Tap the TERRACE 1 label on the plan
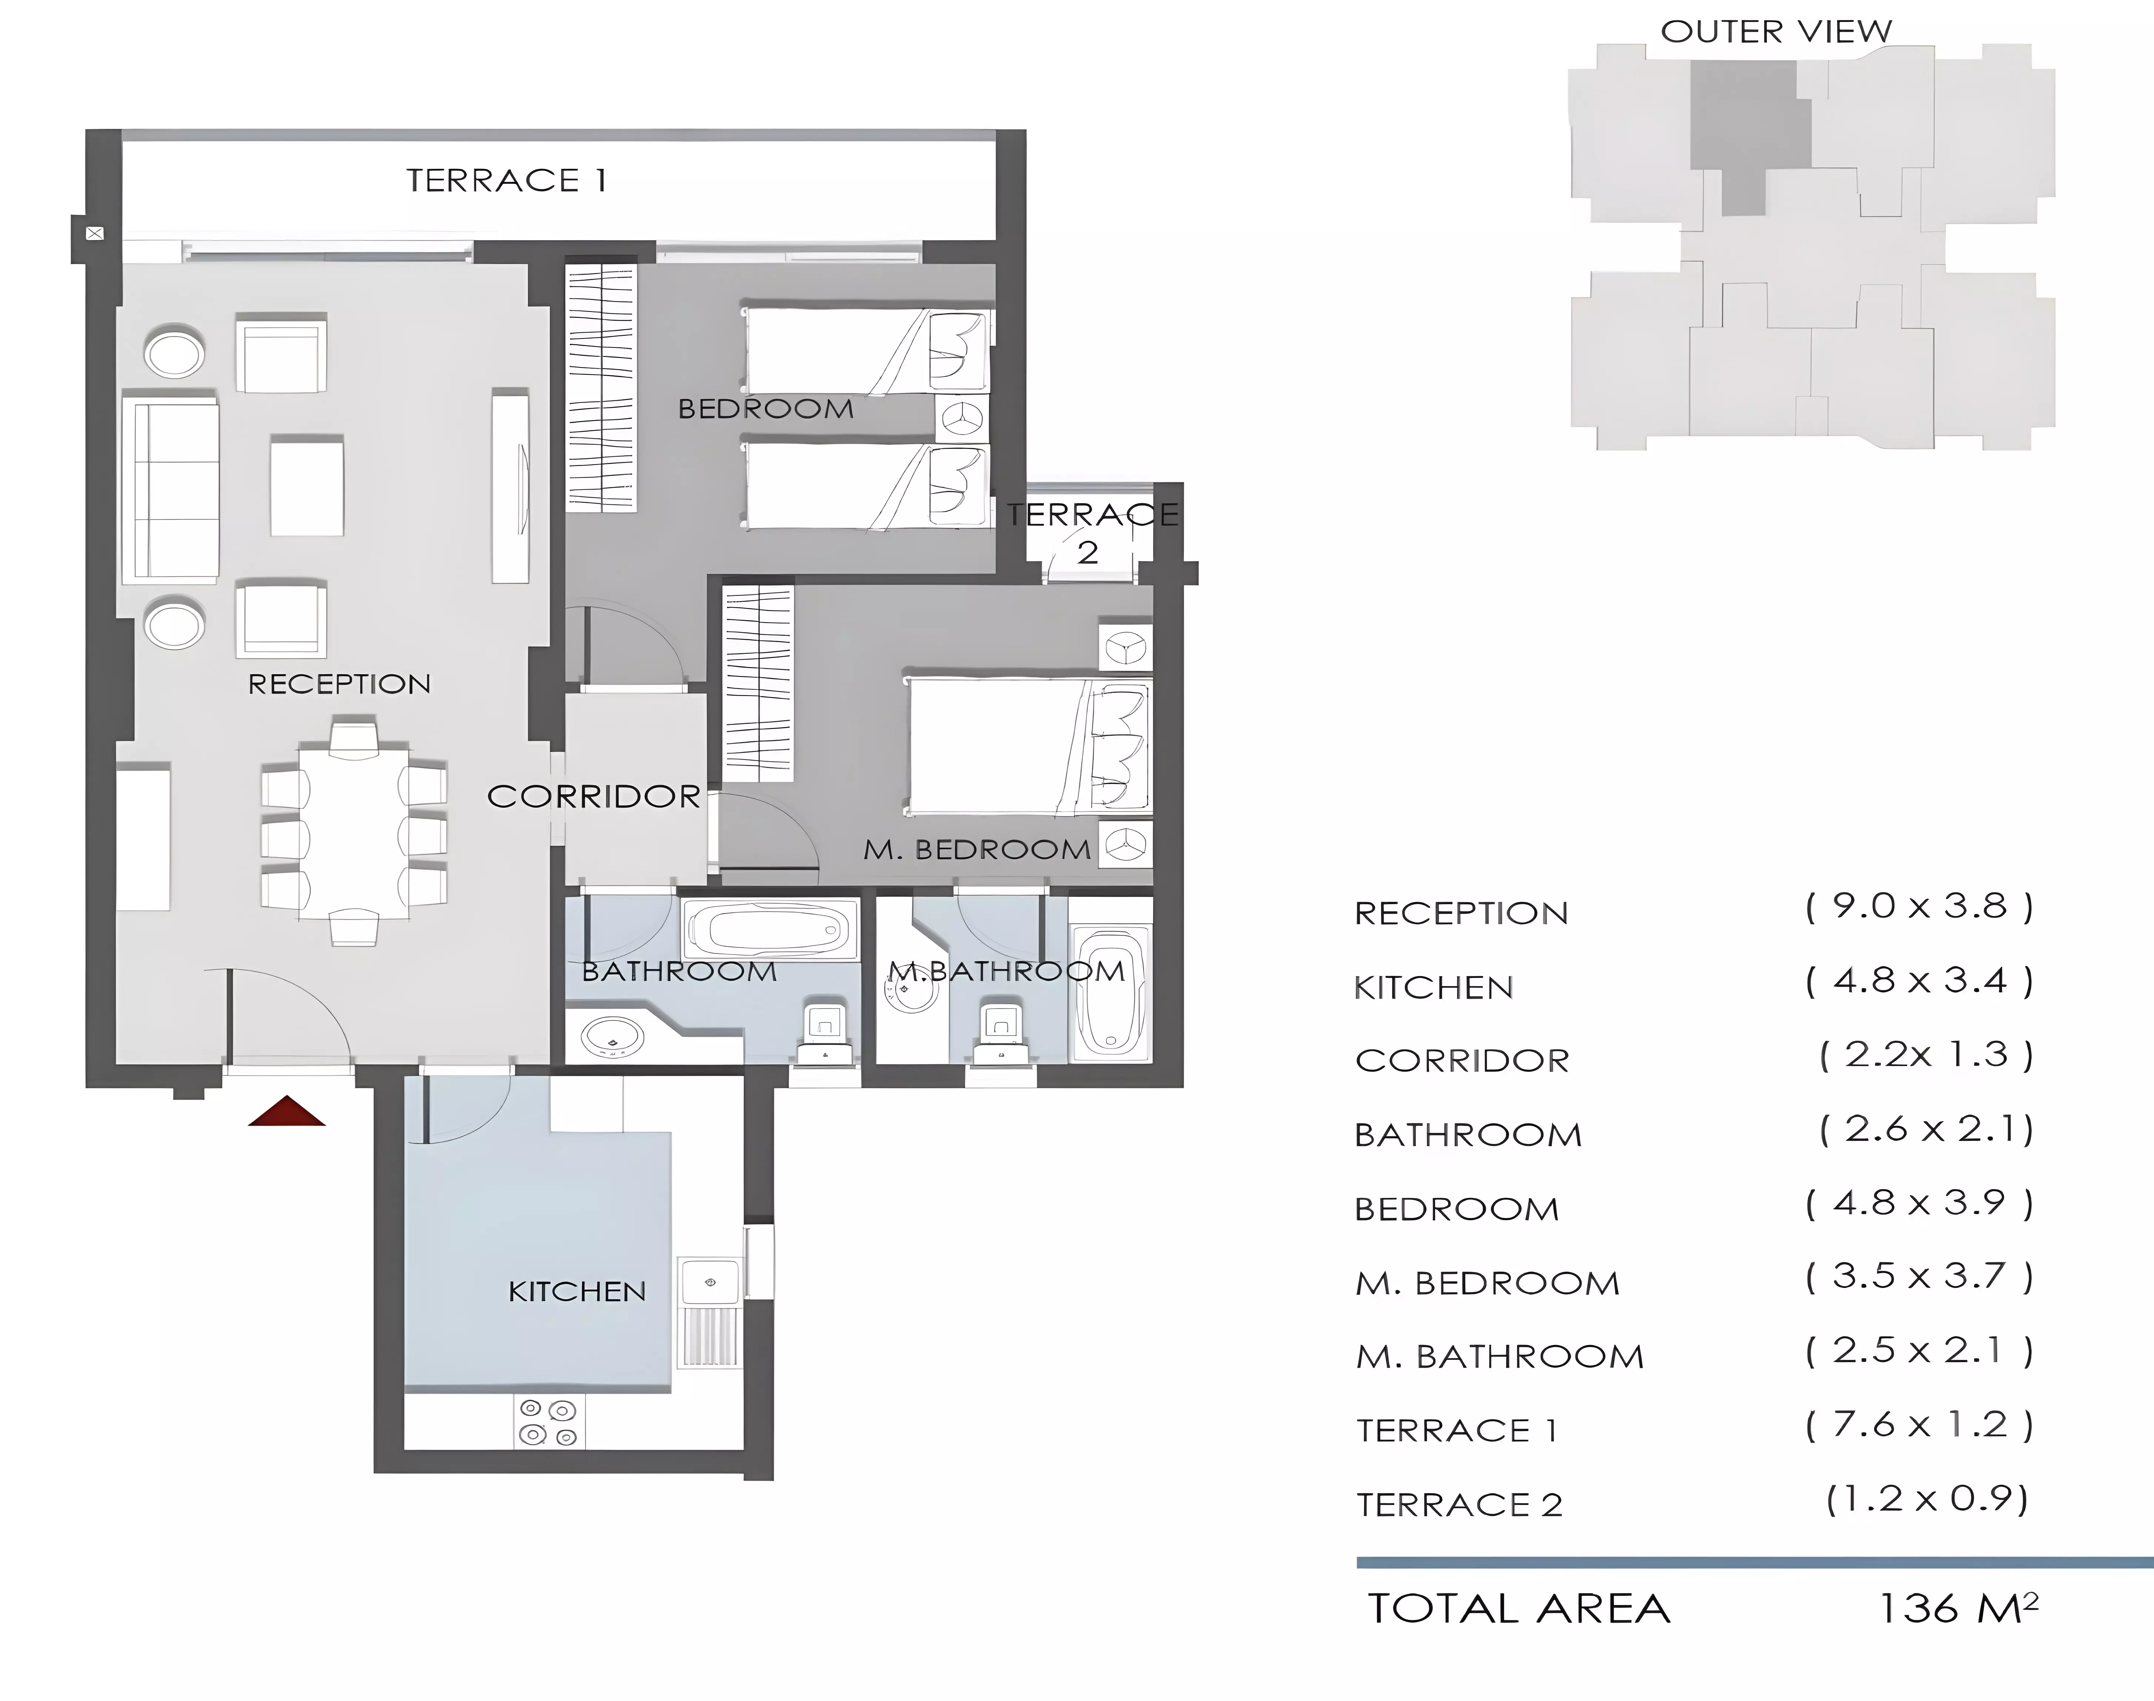506,180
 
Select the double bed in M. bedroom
1028,745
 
